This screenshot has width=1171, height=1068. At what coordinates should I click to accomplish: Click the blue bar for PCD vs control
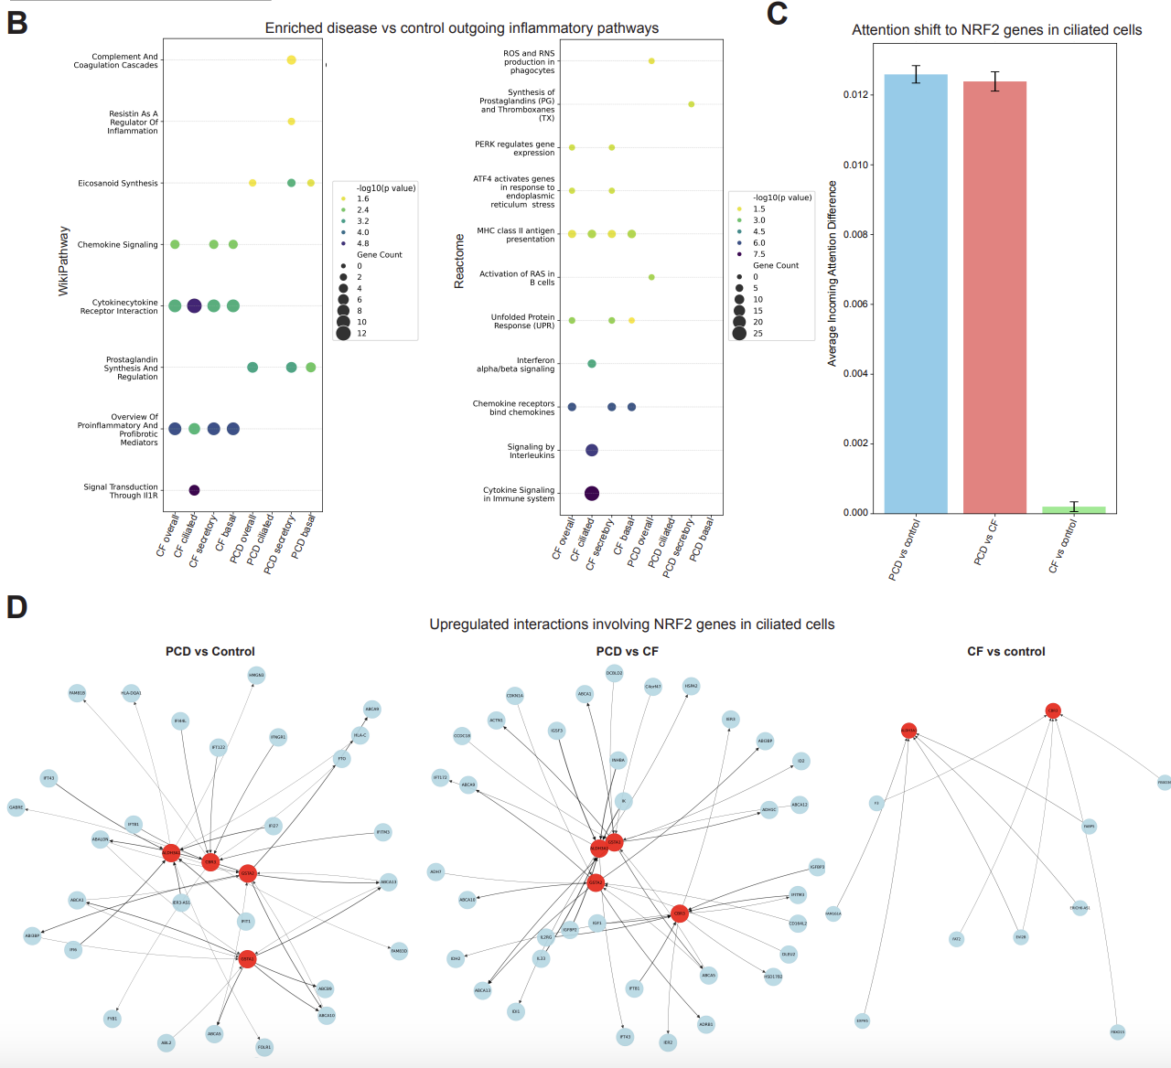916,293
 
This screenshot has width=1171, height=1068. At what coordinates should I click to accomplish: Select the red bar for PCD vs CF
994,297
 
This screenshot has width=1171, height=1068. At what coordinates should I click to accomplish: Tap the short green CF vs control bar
1073,509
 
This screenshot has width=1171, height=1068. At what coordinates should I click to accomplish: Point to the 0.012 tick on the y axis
855,95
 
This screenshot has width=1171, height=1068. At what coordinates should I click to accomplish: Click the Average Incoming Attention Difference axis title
833,273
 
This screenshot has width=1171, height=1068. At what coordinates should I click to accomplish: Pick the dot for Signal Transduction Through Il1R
194,490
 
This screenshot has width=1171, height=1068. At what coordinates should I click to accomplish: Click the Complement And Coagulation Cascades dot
291,60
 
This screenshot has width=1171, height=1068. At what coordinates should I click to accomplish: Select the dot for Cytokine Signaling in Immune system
591,494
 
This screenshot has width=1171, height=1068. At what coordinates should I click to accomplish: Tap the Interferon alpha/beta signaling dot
591,364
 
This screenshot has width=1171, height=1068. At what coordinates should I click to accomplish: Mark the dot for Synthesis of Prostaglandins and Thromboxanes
691,104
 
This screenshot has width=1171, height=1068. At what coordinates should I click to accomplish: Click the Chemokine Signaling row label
117,245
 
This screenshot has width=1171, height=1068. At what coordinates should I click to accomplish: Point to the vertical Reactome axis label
459,262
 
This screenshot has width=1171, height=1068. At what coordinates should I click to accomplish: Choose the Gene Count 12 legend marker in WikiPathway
343,333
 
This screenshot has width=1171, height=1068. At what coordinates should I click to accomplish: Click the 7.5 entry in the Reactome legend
739,254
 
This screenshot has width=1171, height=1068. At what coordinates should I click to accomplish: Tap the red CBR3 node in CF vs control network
1053,710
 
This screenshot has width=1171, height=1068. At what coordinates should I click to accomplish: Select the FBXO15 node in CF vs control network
1117,1031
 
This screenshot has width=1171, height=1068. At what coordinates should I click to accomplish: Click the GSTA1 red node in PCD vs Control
247,959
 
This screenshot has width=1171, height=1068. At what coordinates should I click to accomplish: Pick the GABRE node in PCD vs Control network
16,807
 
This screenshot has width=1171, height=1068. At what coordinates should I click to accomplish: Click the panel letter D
16,607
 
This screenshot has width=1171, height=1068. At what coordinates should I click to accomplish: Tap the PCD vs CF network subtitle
627,651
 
